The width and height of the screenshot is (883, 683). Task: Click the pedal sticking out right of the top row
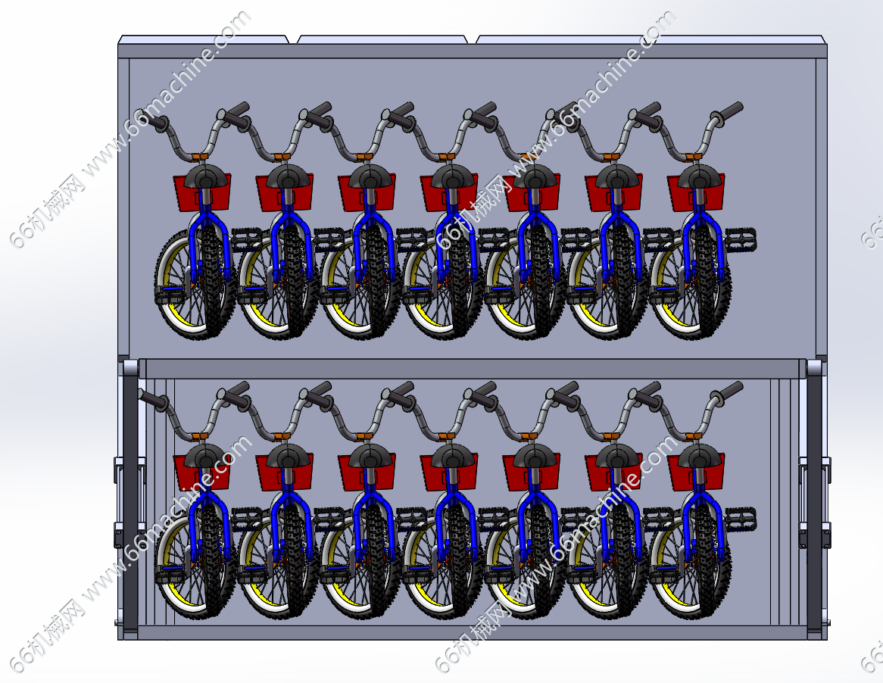741,239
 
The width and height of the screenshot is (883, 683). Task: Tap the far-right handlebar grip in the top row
730,111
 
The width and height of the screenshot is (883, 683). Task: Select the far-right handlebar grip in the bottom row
730,391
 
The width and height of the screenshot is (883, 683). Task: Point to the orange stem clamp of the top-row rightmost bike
693,156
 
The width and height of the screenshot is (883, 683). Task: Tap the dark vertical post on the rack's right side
814,498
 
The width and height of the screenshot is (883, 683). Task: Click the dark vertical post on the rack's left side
130,498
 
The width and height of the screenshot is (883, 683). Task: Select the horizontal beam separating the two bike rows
472,369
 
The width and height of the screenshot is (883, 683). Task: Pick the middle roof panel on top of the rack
382,39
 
